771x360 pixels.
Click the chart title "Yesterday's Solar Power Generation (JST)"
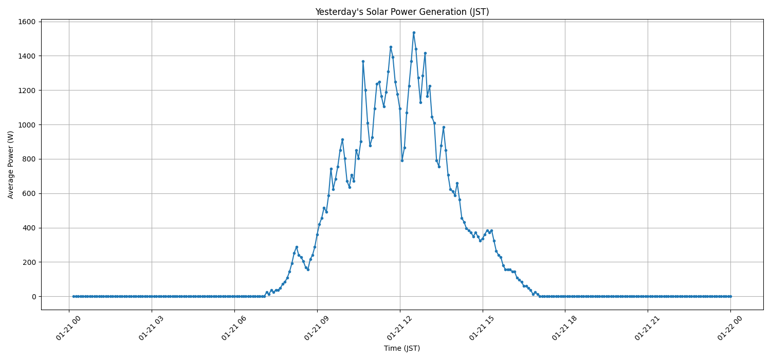[x=402, y=12]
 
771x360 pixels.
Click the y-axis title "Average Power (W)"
[x=11, y=165]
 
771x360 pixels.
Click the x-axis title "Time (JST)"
[x=402, y=348]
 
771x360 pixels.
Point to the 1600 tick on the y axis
[x=27, y=22]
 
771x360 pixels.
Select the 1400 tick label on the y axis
[x=27, y=56]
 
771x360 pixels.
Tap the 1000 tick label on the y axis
[x=27, y=125]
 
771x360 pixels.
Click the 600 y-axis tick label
[x=29, y=193]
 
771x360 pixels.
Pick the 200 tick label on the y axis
[x=29, y=262]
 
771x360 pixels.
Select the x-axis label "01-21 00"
[x=67, y=329]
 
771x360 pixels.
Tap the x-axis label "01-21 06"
[x=233, y=329]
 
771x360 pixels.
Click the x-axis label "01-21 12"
[x=398, y=329]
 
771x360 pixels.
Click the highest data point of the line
[x=414, y=32]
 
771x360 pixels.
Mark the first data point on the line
[x=74, y=296]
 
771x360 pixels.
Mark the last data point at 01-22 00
[x=730, y=296]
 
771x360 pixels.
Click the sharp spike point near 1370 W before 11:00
[x=363, y=61]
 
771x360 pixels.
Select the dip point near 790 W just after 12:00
[x=402, y=160]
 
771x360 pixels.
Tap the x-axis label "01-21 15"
[x=481, y=329]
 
